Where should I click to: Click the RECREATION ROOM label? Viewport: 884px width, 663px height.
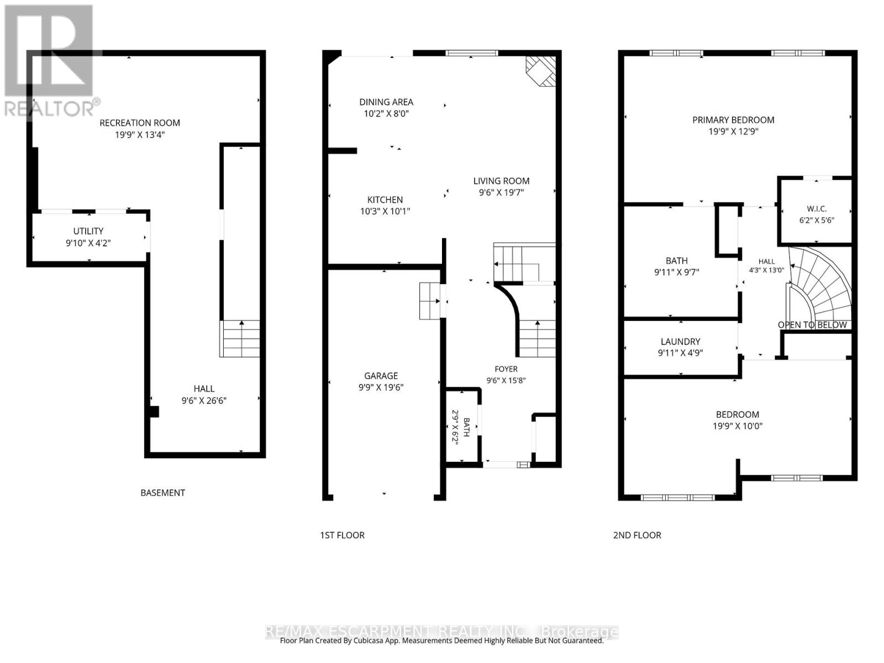pos(140,123)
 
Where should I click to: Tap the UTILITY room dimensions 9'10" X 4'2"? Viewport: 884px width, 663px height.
pos(88,243)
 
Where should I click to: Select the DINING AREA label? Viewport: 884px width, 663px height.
pos(386,102)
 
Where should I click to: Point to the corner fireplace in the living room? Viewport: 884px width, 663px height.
pos(540,71)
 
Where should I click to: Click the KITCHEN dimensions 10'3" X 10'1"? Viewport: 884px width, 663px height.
pos(385,212)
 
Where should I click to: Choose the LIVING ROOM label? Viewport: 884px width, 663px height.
pos(502,181)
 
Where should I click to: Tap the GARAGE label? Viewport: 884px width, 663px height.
pos(381,376)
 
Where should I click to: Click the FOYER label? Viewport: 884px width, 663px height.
pos(506,369)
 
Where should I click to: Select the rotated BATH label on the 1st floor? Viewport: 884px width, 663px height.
pos(466,427)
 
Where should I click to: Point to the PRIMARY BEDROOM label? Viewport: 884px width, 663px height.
pos(733,120)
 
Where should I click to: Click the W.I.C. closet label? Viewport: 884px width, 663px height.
pos(817,209)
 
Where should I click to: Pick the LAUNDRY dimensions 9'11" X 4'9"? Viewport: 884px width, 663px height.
pos(680,353)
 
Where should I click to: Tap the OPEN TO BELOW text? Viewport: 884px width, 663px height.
pos(812,325)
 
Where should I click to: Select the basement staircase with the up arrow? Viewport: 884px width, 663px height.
pos(240,339)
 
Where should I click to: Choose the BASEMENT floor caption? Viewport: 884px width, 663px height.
pos(162,493)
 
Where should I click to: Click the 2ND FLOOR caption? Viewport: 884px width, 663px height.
pos(637,535)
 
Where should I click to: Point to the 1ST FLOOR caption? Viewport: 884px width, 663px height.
pos(343,535)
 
